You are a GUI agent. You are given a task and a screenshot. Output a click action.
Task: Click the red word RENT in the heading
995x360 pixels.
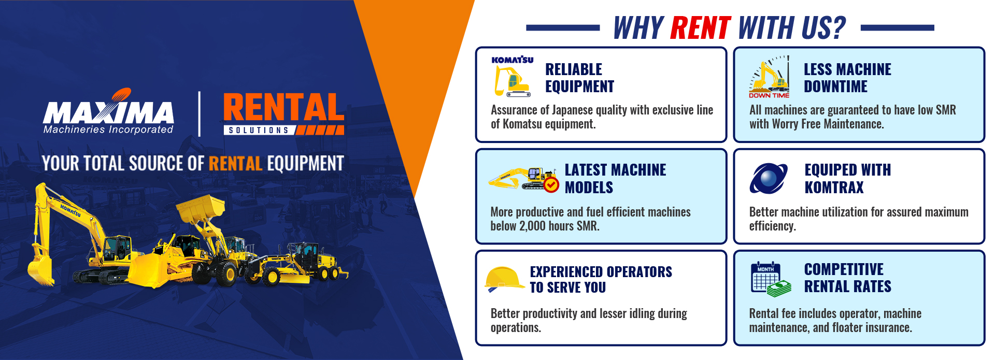tap(700, 28)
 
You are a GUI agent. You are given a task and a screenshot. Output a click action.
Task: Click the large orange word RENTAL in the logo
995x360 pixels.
tap(283, 107)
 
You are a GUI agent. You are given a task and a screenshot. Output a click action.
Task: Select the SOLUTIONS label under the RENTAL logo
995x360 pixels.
tap(259, 130)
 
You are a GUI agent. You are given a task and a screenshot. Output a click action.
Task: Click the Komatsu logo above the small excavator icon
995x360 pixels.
tap(513, 60)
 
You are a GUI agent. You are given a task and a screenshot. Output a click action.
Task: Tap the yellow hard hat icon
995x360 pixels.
tap(504, 279)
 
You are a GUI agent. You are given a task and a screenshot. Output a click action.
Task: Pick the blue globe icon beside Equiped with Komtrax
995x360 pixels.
tap(769, 178)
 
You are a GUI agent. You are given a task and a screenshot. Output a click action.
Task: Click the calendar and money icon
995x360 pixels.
tap(771, 279)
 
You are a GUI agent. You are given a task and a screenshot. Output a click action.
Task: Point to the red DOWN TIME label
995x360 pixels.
tap(769, 95)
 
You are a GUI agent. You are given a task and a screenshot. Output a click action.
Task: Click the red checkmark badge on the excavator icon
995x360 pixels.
tap(551, 185)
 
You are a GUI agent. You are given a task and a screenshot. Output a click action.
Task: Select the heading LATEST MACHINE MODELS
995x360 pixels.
tap(615, 178)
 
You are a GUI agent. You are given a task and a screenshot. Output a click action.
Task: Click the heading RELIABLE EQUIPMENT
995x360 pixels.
tap(579, 78)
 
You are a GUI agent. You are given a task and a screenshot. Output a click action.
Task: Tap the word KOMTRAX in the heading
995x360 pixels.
tap(834, 187)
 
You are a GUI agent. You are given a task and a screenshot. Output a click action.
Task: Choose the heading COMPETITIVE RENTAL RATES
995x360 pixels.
tap(847, 278)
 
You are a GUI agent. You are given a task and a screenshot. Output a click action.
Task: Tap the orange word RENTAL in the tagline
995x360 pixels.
tap(236, 164)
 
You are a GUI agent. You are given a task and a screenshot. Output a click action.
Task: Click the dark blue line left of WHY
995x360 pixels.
tap(563, 28)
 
